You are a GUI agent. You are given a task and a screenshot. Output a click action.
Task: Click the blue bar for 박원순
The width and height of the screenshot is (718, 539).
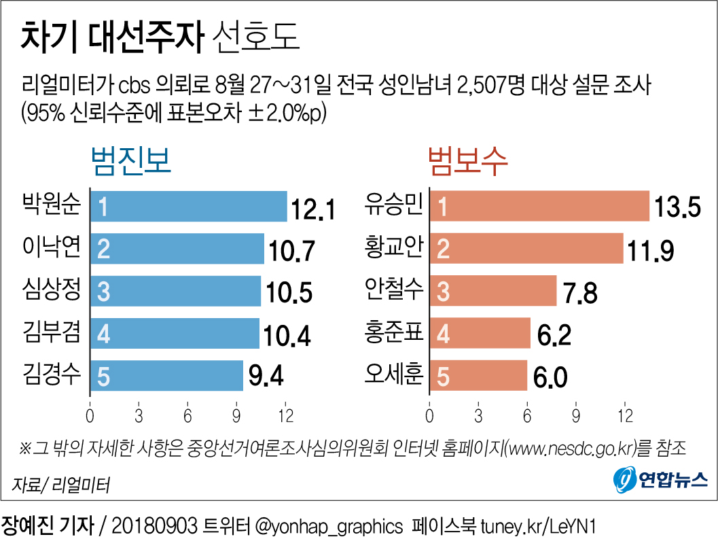(x=188, y=207)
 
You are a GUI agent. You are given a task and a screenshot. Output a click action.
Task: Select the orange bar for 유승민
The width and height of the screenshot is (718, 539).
(x=539, y=207)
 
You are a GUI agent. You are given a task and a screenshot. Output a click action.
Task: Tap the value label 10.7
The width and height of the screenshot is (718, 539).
(x=291, y=251)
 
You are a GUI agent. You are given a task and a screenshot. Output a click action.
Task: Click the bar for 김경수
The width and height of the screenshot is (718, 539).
(x=166, y=376)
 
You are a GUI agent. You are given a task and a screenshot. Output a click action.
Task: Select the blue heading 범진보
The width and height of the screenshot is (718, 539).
(x=130, y=163)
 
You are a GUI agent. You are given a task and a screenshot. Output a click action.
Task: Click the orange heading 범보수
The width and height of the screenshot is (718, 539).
(x=468, y=163)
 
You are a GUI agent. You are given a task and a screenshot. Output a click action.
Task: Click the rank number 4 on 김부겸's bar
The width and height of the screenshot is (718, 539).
(x=103, y=334)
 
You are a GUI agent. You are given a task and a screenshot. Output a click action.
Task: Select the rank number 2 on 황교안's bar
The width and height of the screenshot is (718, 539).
(x=443, y=249)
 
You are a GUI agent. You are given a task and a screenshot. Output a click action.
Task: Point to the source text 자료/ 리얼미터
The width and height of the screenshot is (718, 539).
(x=60, y=485)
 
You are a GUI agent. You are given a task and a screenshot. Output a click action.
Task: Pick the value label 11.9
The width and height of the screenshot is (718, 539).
(x=651, y=251)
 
